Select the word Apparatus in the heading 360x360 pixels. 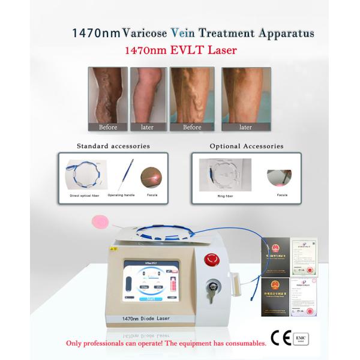pos(284,33)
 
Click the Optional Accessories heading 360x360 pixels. pos(242,146)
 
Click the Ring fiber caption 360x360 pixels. pos(225,195)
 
